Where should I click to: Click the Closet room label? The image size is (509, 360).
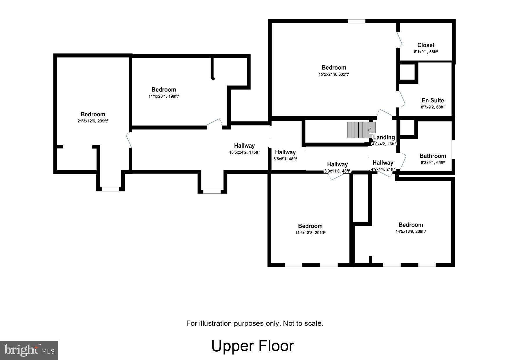(426, 45)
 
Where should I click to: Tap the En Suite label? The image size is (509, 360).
(433, 100)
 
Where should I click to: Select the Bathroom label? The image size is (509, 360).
(433, 156)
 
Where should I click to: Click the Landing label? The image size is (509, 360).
(384, 137)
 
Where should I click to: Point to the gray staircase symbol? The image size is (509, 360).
(361, 130)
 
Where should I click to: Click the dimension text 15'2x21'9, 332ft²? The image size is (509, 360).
(334, 74)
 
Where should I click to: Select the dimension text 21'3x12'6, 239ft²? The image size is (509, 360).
(93, 121)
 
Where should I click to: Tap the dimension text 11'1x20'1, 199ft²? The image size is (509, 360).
(164, 96)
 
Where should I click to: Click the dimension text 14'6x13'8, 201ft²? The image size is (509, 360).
(310, 233)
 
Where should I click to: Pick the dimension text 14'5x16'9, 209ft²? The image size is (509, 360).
(410, 231)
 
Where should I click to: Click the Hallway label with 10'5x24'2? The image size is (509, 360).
(244, 146)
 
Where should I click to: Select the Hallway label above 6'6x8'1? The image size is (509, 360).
(285, 152)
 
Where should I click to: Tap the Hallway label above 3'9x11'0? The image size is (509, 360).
(337, 164)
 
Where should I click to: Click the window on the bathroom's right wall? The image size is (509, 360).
(453, 149)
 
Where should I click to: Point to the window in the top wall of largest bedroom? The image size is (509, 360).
(356, 21)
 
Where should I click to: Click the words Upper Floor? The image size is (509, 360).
(252, 346)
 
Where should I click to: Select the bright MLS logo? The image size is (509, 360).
(29, 350)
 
